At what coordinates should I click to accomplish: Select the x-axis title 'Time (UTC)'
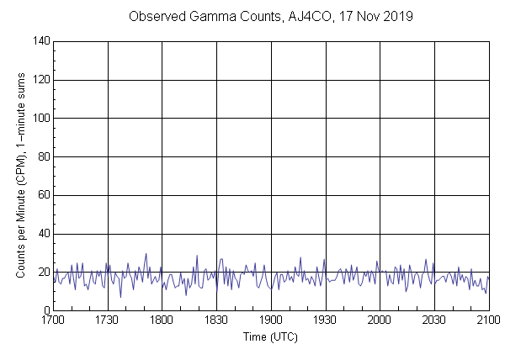coord(270,336)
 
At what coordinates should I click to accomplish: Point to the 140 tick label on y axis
coord(39,41)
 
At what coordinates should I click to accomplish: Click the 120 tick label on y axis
coord(39,80)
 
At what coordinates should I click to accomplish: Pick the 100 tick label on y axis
coord(39,119)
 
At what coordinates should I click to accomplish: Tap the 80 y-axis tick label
coord(41,156)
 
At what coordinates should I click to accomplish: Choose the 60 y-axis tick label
coord(41,195)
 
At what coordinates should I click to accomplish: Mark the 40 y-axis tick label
coord(41,234)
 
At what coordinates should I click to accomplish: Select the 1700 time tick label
coord(53,320)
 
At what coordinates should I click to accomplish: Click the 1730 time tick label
coord(108,320)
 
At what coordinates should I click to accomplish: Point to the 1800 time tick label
coord(162,320)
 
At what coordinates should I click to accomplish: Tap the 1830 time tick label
coord(216,320)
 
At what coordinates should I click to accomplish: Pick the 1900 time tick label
coord(271,320)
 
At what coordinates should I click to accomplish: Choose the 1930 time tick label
coord(325,320)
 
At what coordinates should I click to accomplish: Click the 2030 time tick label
coord(434,320)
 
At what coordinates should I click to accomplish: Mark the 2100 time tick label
coord(488,320)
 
